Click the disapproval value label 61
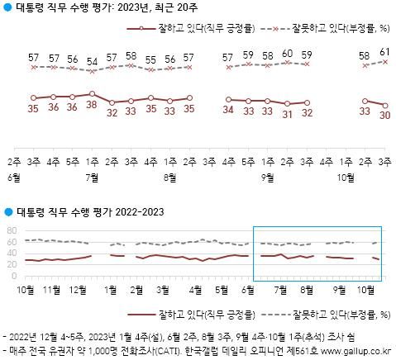pos(385,52)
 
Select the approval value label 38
pos(92,106)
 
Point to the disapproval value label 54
pos(92,59)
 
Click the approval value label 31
pos(287,114)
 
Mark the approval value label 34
pos(227,109)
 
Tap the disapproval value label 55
pos(150,59)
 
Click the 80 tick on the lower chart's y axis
pos(11,230)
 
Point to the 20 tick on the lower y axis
pos(11,263)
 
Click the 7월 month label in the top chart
pos(92,177)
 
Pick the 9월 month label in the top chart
pos(267,177)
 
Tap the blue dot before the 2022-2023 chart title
pos(8,213)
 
